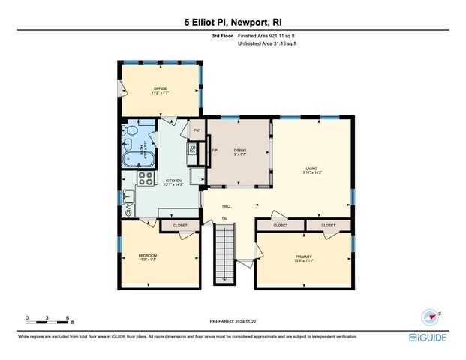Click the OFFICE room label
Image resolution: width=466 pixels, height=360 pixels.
160,88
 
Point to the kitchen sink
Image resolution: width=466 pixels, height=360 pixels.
128,196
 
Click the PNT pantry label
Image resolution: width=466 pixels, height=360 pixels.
197,130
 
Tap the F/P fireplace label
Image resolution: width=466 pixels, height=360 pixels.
215,151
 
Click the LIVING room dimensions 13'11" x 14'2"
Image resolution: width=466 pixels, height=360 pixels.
311,172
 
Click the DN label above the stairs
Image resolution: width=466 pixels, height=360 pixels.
224,219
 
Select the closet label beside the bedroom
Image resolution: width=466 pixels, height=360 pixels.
180,225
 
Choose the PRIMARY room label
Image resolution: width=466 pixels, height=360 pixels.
303,256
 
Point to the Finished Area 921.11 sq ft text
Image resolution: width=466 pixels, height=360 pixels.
268,35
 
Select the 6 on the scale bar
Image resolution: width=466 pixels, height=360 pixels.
68,317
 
